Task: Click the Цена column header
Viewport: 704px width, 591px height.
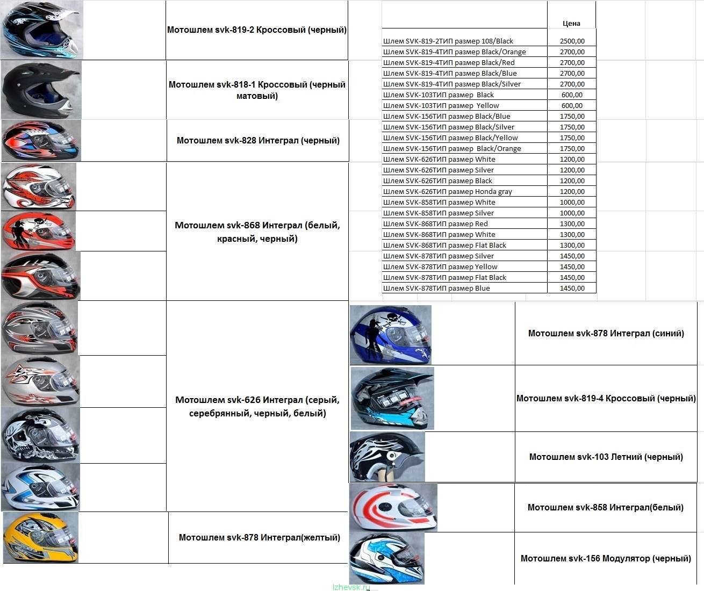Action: coord(571,24)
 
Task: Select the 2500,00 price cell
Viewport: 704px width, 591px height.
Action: coord(572,41)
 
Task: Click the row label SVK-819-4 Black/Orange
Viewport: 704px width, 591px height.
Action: coord(454,52)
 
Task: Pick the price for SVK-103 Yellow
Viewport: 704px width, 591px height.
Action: coord(572,105)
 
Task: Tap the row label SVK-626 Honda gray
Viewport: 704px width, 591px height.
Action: coord(448,191)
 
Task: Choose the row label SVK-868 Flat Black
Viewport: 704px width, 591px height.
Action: coord(444,245)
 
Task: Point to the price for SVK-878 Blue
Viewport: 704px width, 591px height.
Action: coord(572,289)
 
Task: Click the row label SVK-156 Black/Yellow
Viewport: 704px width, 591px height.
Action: coord(450,138)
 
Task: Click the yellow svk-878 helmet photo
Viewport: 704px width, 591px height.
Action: coord(41,537)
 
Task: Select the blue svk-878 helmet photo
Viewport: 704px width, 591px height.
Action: coord(391,335)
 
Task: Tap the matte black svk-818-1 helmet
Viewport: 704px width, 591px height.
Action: coord(41,90)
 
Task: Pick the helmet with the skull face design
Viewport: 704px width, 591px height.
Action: coord(40,435)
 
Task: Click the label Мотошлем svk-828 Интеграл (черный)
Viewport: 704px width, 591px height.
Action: coord(258,140)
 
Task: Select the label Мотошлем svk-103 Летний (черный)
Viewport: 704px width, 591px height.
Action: coord(606,457)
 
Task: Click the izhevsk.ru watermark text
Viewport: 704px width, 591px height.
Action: coord(351,587)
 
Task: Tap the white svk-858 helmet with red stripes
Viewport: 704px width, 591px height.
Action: coord(393,507)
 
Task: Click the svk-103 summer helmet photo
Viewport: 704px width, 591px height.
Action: coord(387,457)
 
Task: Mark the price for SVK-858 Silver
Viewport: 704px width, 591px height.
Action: coord(572,213)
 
